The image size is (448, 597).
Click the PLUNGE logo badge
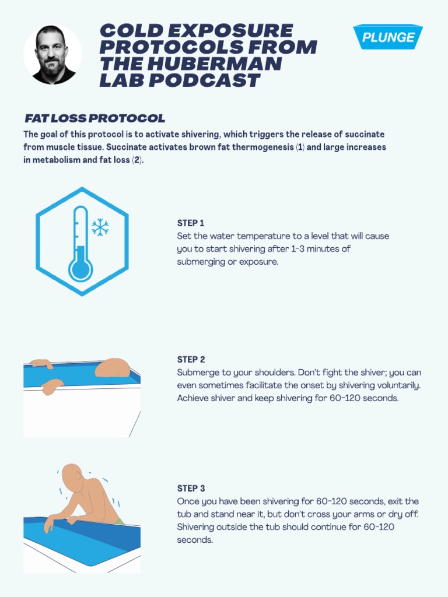[x=388, y=37]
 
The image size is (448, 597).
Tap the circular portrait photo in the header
[x=52, y=55]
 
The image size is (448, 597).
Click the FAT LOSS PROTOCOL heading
[x=94, y=118]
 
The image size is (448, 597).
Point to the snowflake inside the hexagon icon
[x=100, y=227]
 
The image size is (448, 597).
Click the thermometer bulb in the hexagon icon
[x=80, y=270]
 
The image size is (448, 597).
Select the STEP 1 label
[x=191, y=223]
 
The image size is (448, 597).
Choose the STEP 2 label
[x=191, y=360]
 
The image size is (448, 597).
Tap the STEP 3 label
[x=191, y=489]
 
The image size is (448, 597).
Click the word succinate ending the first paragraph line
[x=364, y=135]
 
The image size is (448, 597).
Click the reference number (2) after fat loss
[x=136, y=160]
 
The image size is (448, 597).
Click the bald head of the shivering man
[x=72, y=476]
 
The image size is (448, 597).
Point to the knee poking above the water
[x=112, y=367]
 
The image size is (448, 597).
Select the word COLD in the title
[x=128, y=30]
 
